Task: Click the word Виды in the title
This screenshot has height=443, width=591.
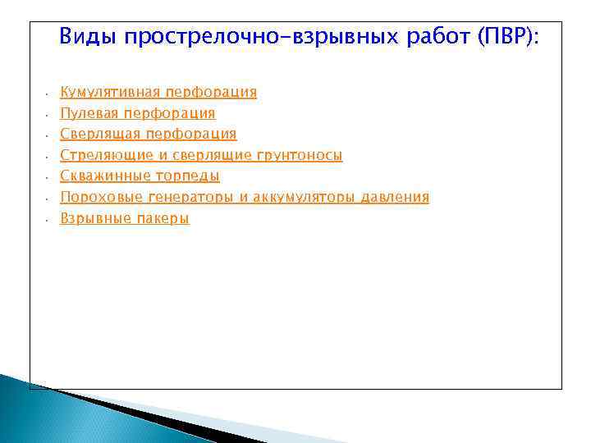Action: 86,37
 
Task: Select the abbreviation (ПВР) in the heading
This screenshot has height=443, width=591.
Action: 510,37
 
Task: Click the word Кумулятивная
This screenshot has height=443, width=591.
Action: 110,92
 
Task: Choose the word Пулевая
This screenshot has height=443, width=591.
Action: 89,113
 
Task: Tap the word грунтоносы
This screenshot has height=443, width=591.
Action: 300,155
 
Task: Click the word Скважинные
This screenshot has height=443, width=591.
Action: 105,176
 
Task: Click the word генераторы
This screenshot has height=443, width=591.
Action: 188,198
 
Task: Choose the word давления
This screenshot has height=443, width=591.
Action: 396,198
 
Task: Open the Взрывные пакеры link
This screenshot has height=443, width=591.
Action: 125,219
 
